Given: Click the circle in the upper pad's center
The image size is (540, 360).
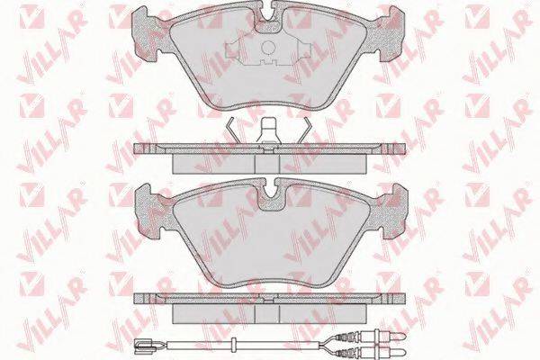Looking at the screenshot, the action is click(269, 48).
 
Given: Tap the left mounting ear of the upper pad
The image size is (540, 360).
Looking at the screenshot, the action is click(147, 34).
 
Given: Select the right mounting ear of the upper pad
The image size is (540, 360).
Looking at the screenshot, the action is click(391, 34).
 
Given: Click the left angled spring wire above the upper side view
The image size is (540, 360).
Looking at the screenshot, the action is click(232, 130).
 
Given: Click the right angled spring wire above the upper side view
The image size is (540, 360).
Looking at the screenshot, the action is click(304, 130).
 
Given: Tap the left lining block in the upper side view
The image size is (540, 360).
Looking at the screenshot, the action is click(213, 164).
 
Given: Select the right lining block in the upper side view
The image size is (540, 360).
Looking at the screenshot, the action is click(323, 164).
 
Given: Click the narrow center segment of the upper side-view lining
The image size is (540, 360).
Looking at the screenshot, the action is click(267, 164).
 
